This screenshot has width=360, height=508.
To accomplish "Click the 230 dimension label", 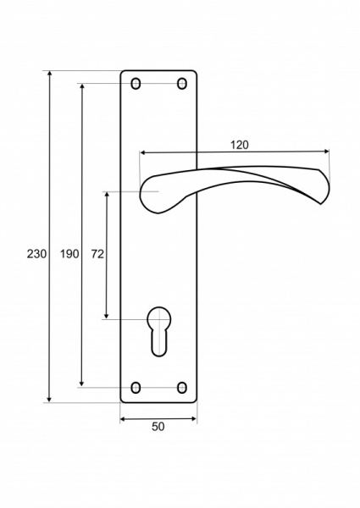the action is pos(36,254).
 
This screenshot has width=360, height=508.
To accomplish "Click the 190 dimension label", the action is pos(69,254).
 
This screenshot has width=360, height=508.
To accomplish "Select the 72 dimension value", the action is pos(97,254).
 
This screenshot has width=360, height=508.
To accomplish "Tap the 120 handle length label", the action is pos(240,145).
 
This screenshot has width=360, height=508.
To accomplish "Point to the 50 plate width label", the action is pos(158,427).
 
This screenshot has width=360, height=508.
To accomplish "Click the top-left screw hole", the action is pos(136,84).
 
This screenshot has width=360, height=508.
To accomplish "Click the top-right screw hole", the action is pos(182,84).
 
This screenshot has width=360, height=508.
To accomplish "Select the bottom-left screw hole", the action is pos(136,388).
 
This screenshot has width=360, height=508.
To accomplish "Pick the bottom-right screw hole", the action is pos(182,388).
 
